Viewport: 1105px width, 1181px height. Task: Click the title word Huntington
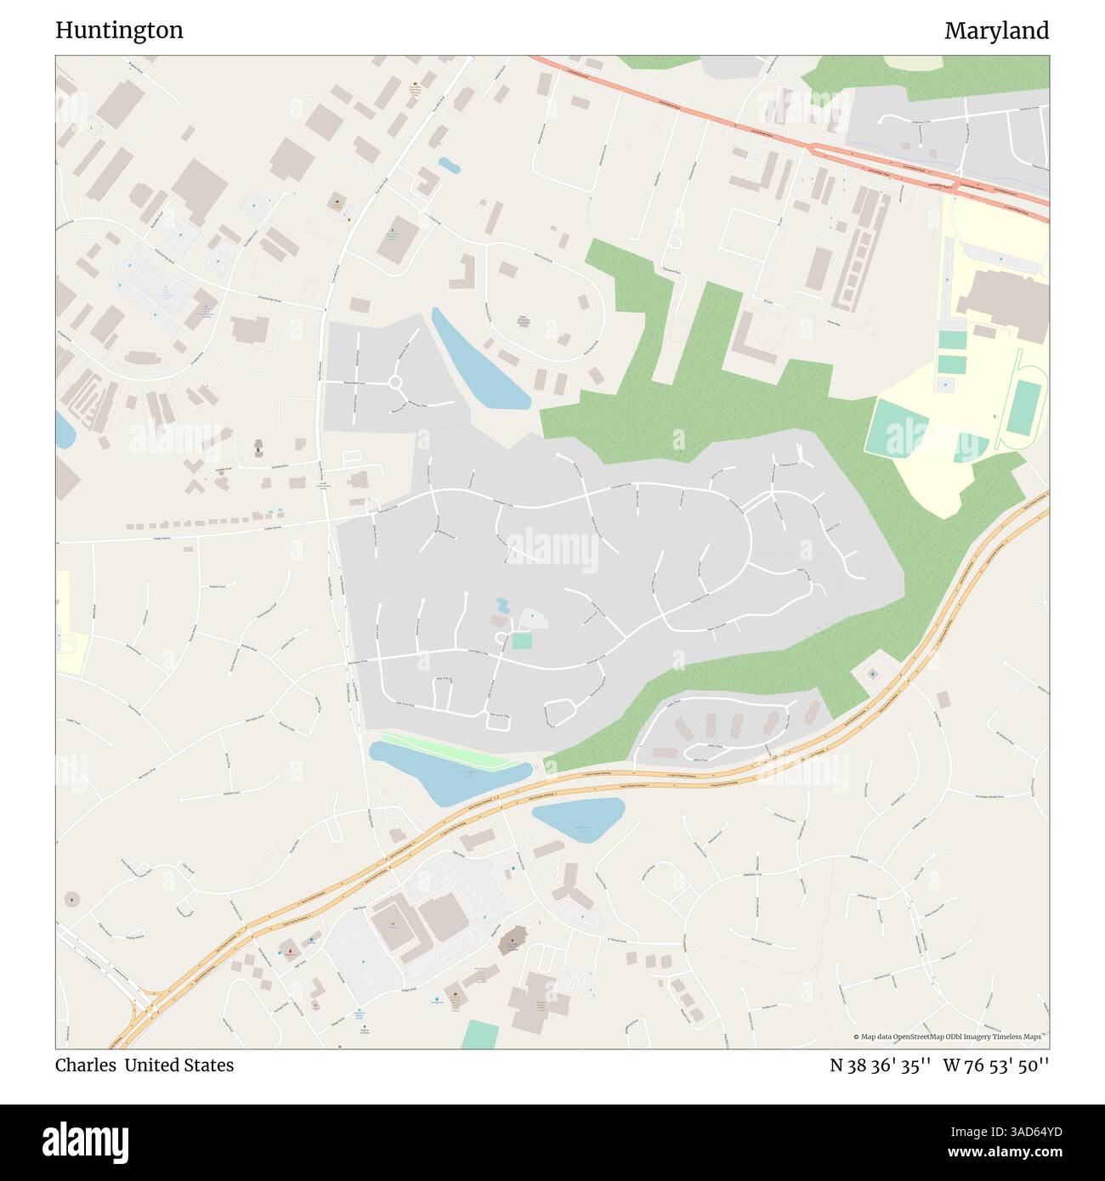click(x=119, y=31)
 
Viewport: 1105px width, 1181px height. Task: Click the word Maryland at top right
click(x=996, y=31)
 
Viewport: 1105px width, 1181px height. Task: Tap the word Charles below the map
click(x=85, y=1065)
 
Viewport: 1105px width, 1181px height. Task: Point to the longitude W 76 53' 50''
click(x=995, y=1065)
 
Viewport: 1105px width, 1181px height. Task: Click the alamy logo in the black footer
click(x=86, y=1141)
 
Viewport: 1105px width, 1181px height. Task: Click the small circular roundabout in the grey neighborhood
click(x=395, y=382)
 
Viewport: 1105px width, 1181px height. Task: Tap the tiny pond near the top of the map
click(x=449, y=166)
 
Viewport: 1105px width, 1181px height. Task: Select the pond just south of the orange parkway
click(x=578, y=817)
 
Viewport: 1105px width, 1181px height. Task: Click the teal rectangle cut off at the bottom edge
click(x=480, y=1035)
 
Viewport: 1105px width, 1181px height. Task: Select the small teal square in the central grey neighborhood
click(x=522, y=641)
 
